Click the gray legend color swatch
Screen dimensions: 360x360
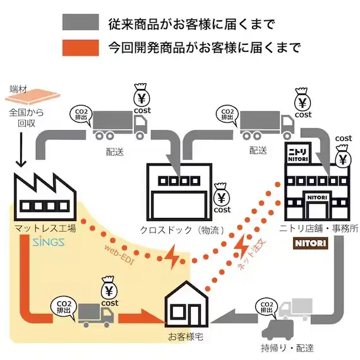[81, 22]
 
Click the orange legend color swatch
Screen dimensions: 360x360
[81, 48]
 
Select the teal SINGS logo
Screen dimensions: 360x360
[49, 241]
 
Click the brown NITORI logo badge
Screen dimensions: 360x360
[310, 243]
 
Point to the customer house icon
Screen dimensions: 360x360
[186, 304]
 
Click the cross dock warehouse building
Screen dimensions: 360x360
[179, 192]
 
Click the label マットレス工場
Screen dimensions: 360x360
[45, 229]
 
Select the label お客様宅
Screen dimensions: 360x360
[186, 337]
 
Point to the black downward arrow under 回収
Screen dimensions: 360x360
[21, 150]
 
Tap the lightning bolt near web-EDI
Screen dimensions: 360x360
[172, 256]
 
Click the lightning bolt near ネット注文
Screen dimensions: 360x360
[241, 246]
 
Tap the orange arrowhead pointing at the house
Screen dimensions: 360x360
[153, 317]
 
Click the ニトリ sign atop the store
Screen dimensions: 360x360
[297, 153]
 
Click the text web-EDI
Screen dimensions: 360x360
[119, 255]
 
